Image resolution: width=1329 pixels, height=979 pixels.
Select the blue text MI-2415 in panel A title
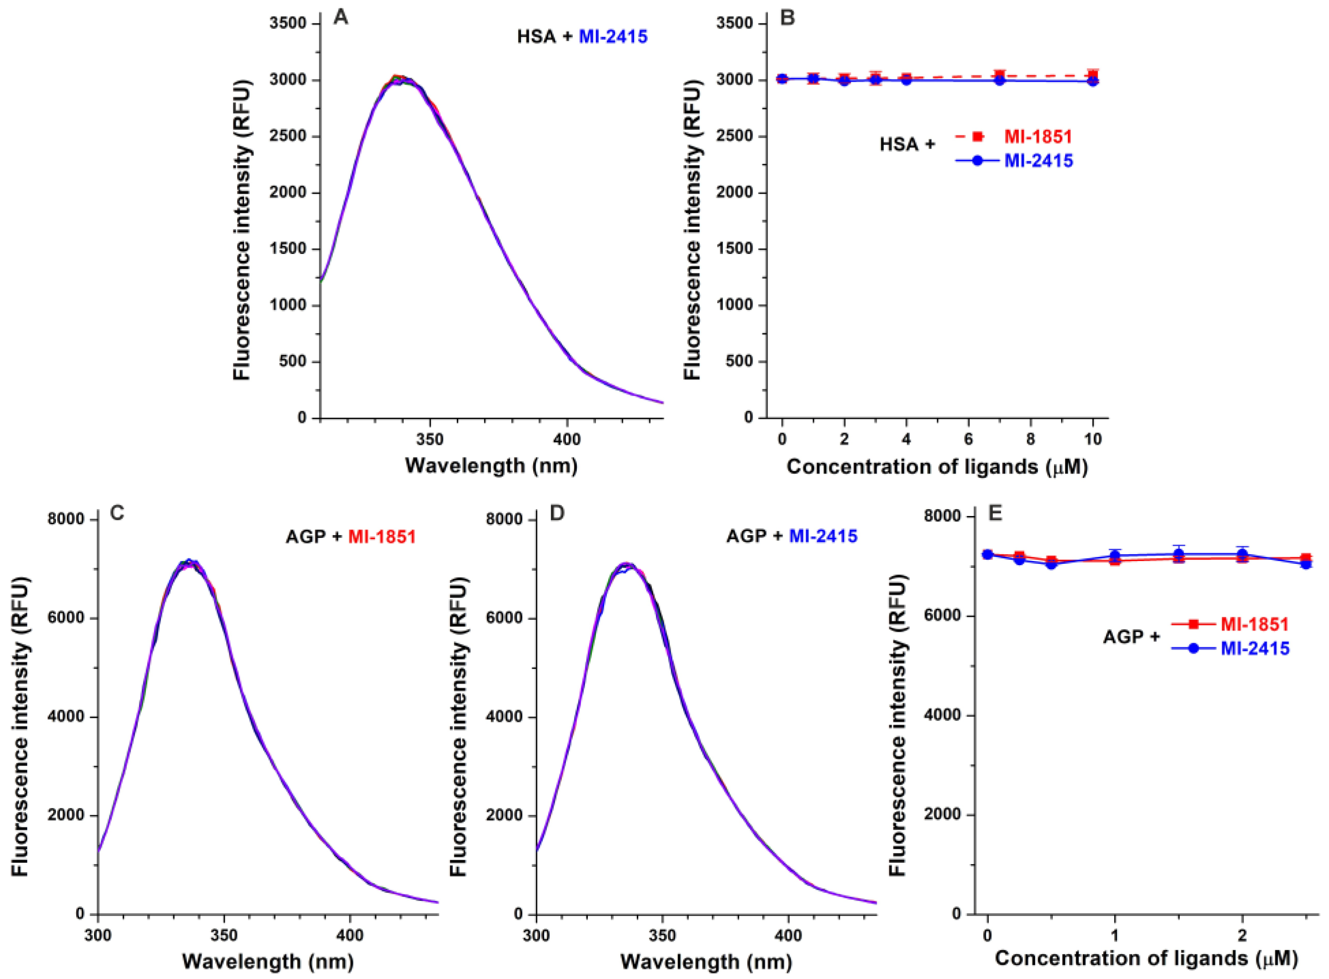(613, 37)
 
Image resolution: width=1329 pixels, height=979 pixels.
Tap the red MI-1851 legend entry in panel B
(1037, 137)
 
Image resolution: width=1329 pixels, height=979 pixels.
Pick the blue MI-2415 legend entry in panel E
(1255, 648)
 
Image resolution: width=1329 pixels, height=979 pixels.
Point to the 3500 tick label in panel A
(288, 24)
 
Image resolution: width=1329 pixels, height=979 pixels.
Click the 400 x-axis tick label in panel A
(567, 440)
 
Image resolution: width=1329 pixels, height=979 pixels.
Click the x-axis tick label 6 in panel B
(968, 439)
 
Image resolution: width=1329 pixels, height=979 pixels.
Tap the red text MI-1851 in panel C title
(382, 537)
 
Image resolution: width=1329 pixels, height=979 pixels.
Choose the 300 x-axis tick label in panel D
(536, 936)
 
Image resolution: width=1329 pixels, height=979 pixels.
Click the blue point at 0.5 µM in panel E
(1051, 564)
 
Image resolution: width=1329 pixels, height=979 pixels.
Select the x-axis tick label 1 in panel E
(1115, 936)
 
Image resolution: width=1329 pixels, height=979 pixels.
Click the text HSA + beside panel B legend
(907, 144)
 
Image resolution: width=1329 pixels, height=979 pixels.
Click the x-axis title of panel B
(937, 467)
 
